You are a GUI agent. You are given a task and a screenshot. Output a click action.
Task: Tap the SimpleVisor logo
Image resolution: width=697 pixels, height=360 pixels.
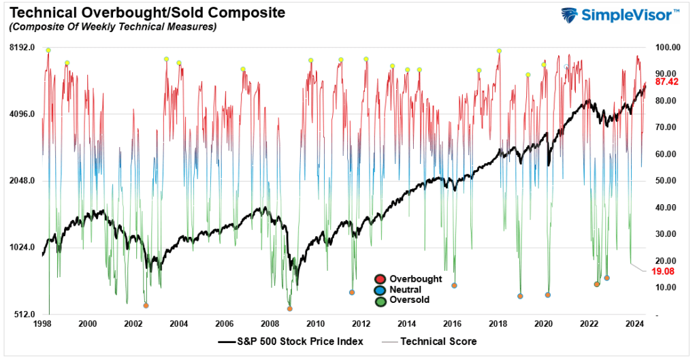(x=620, y=15)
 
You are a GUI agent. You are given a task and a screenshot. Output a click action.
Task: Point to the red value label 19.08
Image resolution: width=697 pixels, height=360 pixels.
(x=663, y=271)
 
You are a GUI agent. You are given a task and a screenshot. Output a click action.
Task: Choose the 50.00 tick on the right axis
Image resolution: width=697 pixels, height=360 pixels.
(x=664, y=181)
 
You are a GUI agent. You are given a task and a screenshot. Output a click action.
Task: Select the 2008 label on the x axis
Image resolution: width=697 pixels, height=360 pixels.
(x=270, y=324)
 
